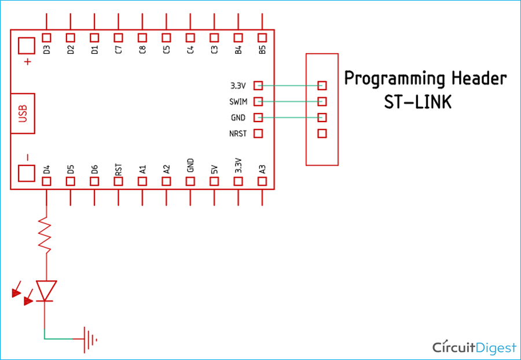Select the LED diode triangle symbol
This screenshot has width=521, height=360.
coord(46,290)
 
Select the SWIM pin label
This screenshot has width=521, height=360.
coord(238,102)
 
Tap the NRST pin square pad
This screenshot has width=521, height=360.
coord(259,134)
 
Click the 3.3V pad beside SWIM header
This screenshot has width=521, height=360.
coord(259,86)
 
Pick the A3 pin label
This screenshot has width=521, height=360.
coord(262,170)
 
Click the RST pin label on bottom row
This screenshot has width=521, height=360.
coord(118,170)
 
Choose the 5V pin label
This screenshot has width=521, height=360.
coord(214,170)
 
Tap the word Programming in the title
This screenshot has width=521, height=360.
coord(386,79)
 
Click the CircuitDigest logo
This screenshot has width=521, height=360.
coord(474,347)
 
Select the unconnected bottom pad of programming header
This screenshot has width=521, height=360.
coord(322,134)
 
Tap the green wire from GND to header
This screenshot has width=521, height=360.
coord(289,117)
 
